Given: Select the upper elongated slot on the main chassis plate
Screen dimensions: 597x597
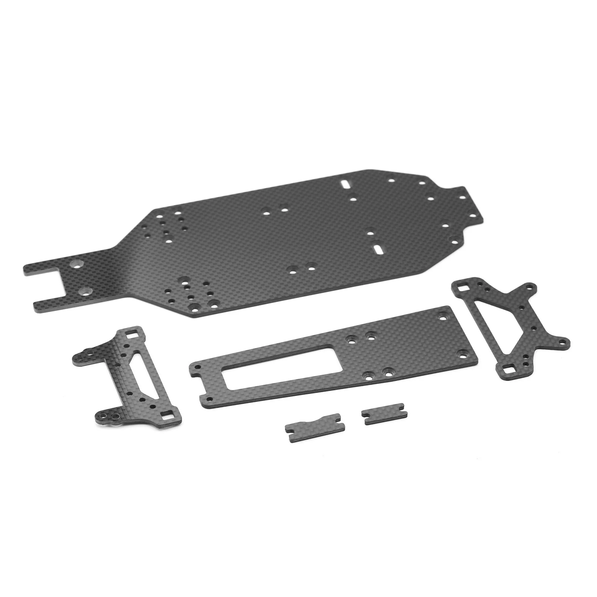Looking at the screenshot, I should click(x=347, y=184).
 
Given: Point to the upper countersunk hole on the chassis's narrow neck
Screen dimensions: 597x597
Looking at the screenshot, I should click(x=76, y=264).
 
